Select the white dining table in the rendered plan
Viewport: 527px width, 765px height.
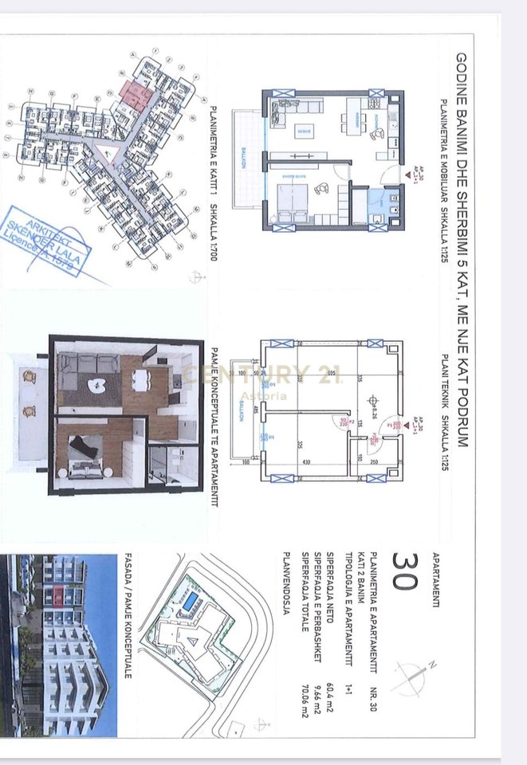[x=142, y=379]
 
